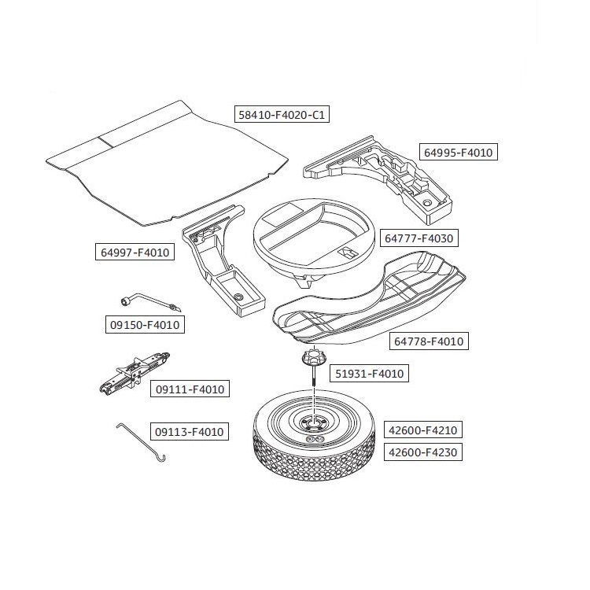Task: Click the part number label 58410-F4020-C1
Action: pos(282,115)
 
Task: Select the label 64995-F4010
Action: pos(459,153)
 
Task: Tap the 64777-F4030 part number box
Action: pos(419,237)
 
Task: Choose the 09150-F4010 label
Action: pos(144,324)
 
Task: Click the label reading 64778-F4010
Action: pos(428,341)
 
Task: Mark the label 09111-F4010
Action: pos(189,389)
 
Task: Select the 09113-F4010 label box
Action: pos(189,431)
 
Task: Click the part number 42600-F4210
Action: pos(422,430)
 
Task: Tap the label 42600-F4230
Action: pos(422,452)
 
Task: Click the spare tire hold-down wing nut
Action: pos(312,360)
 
